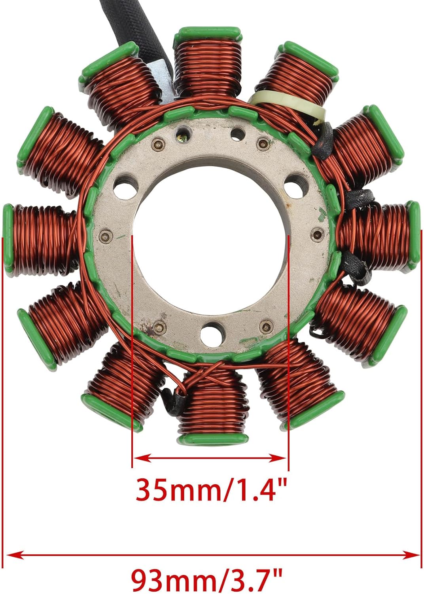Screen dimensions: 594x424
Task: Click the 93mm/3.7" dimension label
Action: (x=206, y=579)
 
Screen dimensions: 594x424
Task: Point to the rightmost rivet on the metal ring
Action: (x=315, y=234)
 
